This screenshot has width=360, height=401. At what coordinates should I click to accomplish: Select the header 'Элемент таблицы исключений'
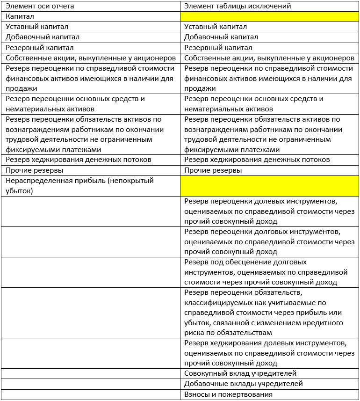(x=238, y=6)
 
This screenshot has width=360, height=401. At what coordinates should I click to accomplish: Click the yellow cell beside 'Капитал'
(x=269, y=16)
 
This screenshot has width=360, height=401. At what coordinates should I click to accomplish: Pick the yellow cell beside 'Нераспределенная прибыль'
(x=269, y=186)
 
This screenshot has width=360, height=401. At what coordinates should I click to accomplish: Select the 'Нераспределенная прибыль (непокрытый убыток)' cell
(x=79, y=186)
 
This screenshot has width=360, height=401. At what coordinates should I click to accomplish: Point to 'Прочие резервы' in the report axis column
(x=35, y=170)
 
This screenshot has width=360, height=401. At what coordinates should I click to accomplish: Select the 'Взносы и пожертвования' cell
(x=228, y=394)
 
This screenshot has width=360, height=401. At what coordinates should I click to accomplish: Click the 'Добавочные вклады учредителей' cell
(x=244, y=384)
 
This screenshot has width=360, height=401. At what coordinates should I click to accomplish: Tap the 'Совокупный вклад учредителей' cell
(x=240, y=373)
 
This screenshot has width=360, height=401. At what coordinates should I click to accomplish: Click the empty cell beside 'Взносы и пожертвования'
(x=91, y=394)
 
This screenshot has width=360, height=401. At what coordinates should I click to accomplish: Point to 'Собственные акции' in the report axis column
(x=91, y=58)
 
